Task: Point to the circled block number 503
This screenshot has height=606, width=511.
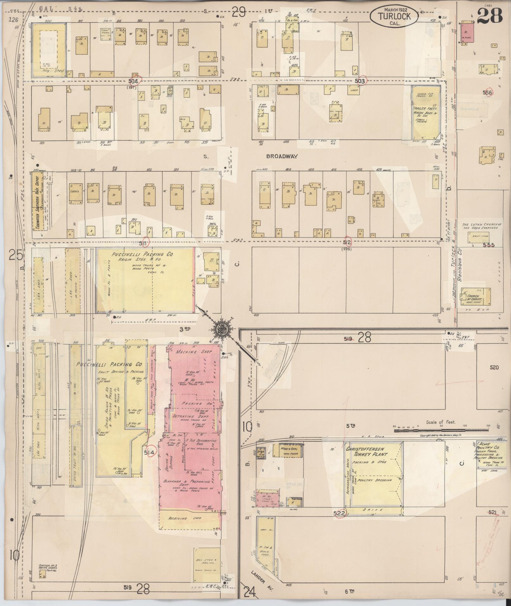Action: click(x=361, y=81)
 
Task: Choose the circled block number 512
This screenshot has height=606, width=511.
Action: click(x=347, y=242)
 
